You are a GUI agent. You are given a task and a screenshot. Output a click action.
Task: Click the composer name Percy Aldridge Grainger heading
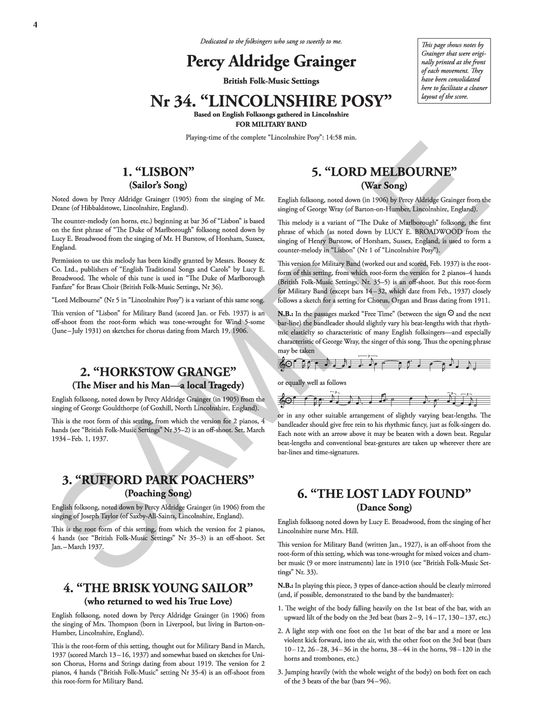pos(271,62)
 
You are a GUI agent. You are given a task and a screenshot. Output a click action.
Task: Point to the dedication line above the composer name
pos(271,41)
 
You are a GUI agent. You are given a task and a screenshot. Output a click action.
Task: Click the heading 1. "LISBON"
pos(158,172)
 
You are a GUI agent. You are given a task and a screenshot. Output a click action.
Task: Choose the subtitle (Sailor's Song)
pos(158,185)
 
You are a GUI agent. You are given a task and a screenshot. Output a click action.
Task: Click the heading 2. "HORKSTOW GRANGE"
pos(158,372)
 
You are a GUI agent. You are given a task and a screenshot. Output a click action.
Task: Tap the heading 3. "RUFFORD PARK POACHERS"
pos(158,480)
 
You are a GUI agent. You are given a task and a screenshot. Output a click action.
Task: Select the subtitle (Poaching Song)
pos(158,493)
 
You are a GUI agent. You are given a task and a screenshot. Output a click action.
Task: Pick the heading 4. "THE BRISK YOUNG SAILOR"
pos(158,588)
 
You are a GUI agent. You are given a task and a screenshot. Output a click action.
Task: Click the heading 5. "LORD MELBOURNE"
pos(384,172)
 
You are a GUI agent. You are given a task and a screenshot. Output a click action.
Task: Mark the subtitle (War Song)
pos(384,185)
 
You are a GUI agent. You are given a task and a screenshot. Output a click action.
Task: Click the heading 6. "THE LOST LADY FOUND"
pos(384,494)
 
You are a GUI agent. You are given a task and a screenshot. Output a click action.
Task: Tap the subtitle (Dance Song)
pos(384,507)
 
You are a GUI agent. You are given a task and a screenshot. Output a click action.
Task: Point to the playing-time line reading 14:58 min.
pos(271,138)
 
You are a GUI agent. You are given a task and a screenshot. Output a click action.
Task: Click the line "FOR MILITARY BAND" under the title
pos(271,123)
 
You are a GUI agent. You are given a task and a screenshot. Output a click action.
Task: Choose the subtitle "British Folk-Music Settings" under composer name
pos(271,80)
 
